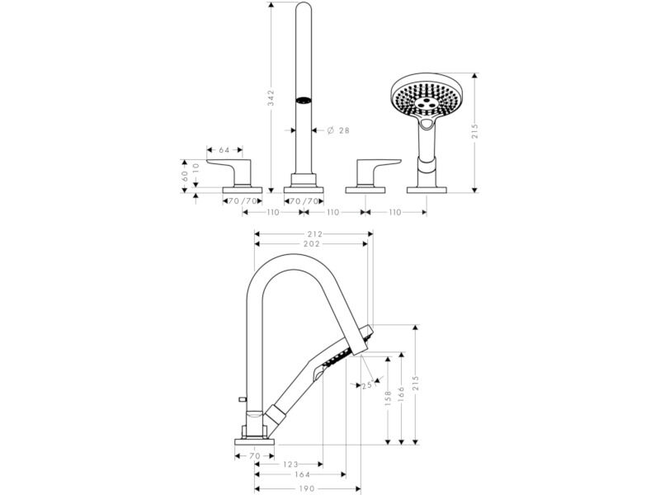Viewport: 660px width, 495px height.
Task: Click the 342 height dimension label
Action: tap(271, 97)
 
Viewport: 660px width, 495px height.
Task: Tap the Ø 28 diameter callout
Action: tap(338, 130)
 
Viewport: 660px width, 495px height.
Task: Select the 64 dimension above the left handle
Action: tap(224, 150)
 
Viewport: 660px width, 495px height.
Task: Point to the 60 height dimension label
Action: tap(184, 176)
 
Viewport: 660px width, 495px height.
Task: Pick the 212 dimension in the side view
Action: tap(314, 234)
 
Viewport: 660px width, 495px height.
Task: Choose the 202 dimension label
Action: tap(312, 243)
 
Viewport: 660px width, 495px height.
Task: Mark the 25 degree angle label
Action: tap(366, 384)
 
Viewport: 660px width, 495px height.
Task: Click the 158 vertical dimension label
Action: tap(388, 398)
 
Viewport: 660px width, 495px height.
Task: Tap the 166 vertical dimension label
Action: tap(401, 395)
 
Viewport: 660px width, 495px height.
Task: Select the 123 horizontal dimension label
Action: tap(290, 464)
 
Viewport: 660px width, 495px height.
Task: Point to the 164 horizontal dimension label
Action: tap(302, 475)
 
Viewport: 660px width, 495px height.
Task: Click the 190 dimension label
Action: tap(307, 488)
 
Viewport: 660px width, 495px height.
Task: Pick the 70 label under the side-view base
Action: tap(255, 456)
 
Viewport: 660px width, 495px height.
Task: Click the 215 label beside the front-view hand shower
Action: tap(475, 131)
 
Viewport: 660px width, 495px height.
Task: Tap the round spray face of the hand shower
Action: tap(425, 97)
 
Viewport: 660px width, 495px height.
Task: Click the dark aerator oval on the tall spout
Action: tap(303, 101)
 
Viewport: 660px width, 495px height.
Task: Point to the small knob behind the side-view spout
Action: tap(243, 398)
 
